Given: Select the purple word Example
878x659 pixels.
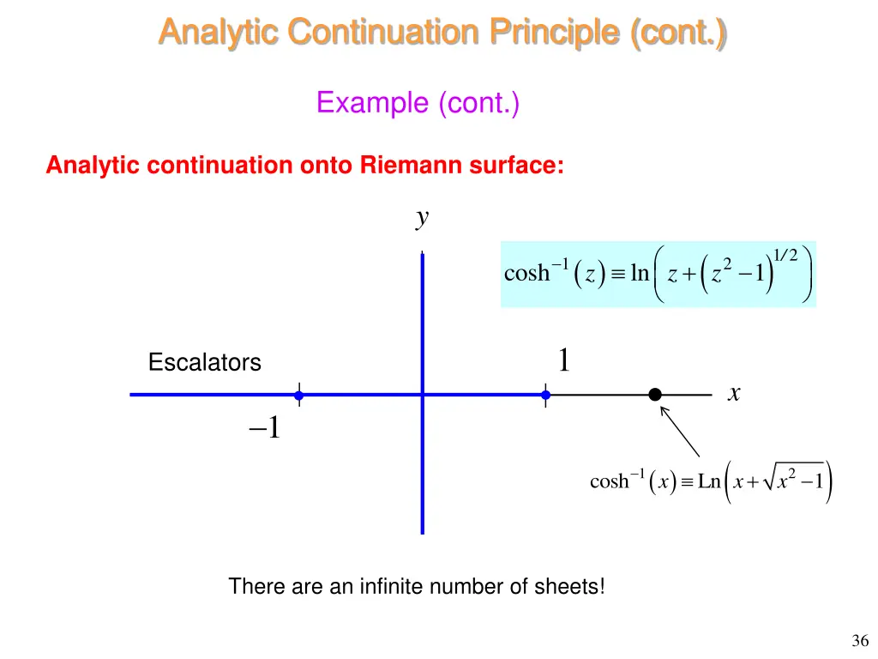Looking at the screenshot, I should coord(374,103).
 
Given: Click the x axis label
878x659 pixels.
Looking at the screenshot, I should coord(734,393).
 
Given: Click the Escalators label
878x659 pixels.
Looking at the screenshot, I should coord(204,363).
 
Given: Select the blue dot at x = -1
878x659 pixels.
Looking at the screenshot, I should coord(298,396).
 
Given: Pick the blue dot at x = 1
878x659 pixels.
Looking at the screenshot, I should coord(545,396).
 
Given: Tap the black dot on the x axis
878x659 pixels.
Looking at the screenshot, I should coord(655,395).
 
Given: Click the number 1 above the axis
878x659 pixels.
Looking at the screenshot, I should coord(563,360).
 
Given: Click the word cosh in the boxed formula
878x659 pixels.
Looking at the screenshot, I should coord(526,274).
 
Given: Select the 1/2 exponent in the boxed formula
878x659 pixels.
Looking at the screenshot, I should coord(785,254).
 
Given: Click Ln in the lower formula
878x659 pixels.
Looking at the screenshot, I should coord(709,481).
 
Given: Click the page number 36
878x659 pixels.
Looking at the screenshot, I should coord(861,640).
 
